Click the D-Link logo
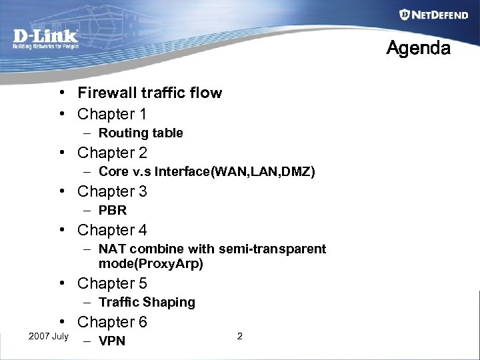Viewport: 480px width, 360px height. coord(45,38)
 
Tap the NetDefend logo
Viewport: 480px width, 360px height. coord(433,15)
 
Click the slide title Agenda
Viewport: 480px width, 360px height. coord(419,49)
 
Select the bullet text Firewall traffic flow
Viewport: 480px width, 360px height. coord(149,93)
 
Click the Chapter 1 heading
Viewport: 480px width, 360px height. coord(112,114)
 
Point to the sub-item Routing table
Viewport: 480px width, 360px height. coord(141,133)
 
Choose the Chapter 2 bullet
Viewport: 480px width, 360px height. coord(112,153)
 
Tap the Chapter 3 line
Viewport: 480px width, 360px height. coord(112,191)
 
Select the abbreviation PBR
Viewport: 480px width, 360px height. coord(113,211)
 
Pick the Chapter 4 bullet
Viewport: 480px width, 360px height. coord(112,230)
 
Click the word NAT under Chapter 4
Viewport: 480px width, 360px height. coord(112,249)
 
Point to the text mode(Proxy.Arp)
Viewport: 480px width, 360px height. coord(151,264)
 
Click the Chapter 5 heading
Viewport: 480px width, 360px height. coord(112,283)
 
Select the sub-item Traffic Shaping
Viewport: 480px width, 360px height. coord(147,303)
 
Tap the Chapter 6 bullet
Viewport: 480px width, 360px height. coord(112,322)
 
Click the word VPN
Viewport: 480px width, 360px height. coord(112,342)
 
